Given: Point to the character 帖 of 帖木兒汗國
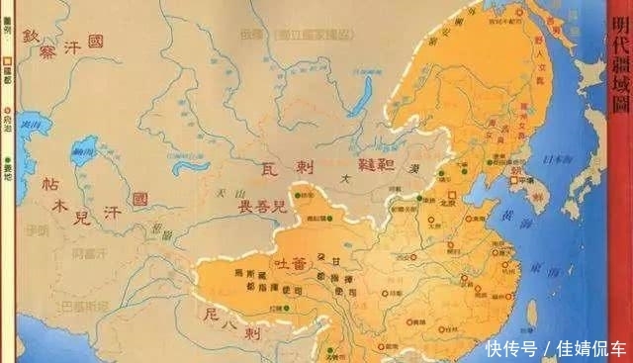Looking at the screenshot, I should [x=49, y=185].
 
